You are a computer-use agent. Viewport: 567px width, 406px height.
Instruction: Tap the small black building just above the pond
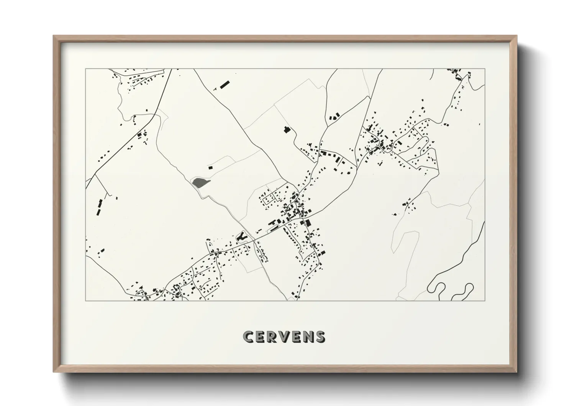(210, 167)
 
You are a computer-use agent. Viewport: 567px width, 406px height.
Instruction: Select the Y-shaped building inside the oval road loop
(241, 237)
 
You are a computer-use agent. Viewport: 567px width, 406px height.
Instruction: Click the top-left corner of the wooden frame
(54, 36)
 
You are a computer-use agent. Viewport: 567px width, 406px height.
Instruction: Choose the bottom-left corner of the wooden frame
(54, 371)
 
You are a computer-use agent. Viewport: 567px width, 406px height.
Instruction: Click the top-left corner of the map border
(86, 69)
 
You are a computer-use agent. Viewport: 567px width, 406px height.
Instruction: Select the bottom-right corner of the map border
(485, 300)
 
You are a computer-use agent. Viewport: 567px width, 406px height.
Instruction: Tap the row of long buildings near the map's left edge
(99, 207)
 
